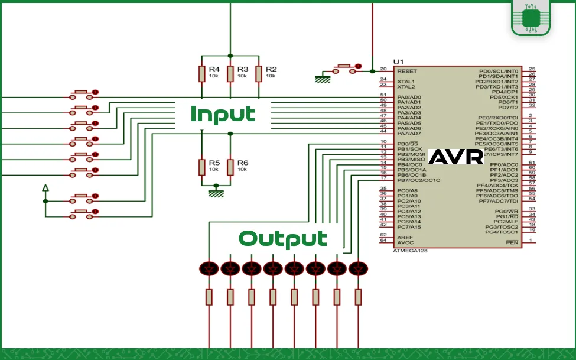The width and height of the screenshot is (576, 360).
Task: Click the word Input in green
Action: pyautogui.click(x=223, y=114)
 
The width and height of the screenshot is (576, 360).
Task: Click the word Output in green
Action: pyautogui.click(x=282, y=239)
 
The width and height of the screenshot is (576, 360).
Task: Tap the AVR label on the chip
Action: pyautogui.click(x=455, y=157)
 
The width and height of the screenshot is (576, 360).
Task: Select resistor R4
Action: pyautogui.click(x=201, y=73)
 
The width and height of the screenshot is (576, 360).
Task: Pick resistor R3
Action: pyautogui.click(x=230, y=73)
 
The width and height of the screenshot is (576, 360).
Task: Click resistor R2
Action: pyautogui.click(x=258, y=73)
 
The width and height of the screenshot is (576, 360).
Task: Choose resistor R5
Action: pyautogui.click(x=201, y=166)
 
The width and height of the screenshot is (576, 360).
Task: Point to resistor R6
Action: pyautogui.click(x=230, y=166)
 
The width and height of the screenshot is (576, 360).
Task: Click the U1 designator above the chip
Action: pyautogui.click(x=399, y=62)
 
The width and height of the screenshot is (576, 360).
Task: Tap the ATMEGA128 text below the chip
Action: pyautogui.click(x=410, y=251)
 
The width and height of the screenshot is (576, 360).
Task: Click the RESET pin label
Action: pyautogui.click(x=407, y=71)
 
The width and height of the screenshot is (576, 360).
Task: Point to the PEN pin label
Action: pyautogui.click(x=512, y=242)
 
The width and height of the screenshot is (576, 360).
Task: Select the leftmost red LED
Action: pyautogui.click(x=209, y=269)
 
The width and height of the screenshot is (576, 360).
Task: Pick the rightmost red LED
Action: pyautogui.click(x=356, y=269)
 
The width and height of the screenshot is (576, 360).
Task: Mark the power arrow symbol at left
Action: pyautogui.click(x=45, y=189)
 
